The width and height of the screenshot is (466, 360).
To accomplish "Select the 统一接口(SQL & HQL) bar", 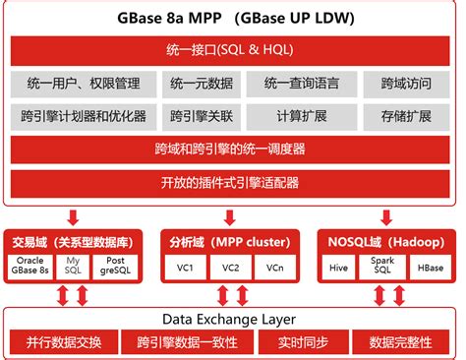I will click(233, 49).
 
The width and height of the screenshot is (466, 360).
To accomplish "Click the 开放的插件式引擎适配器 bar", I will click(233, 182).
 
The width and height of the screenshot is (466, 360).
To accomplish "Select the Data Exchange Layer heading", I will click(233, 319).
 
